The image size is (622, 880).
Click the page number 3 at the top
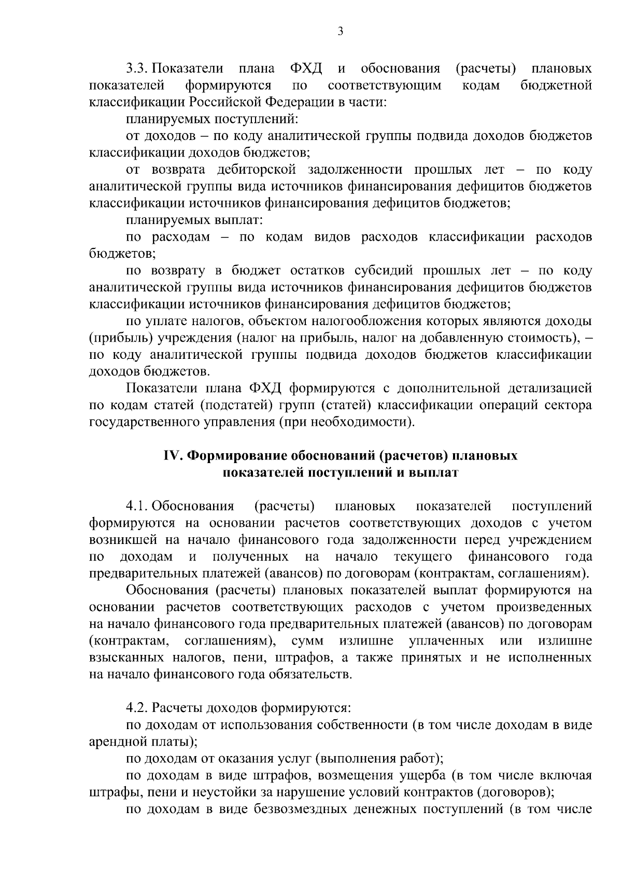click(341, 32)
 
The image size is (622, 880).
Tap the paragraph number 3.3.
click(137, 68)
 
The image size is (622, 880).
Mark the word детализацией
click(550, 388)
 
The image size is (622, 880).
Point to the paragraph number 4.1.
click(137, 506)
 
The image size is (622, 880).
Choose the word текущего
click(423, 557)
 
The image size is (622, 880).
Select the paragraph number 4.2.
click(137, 708)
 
